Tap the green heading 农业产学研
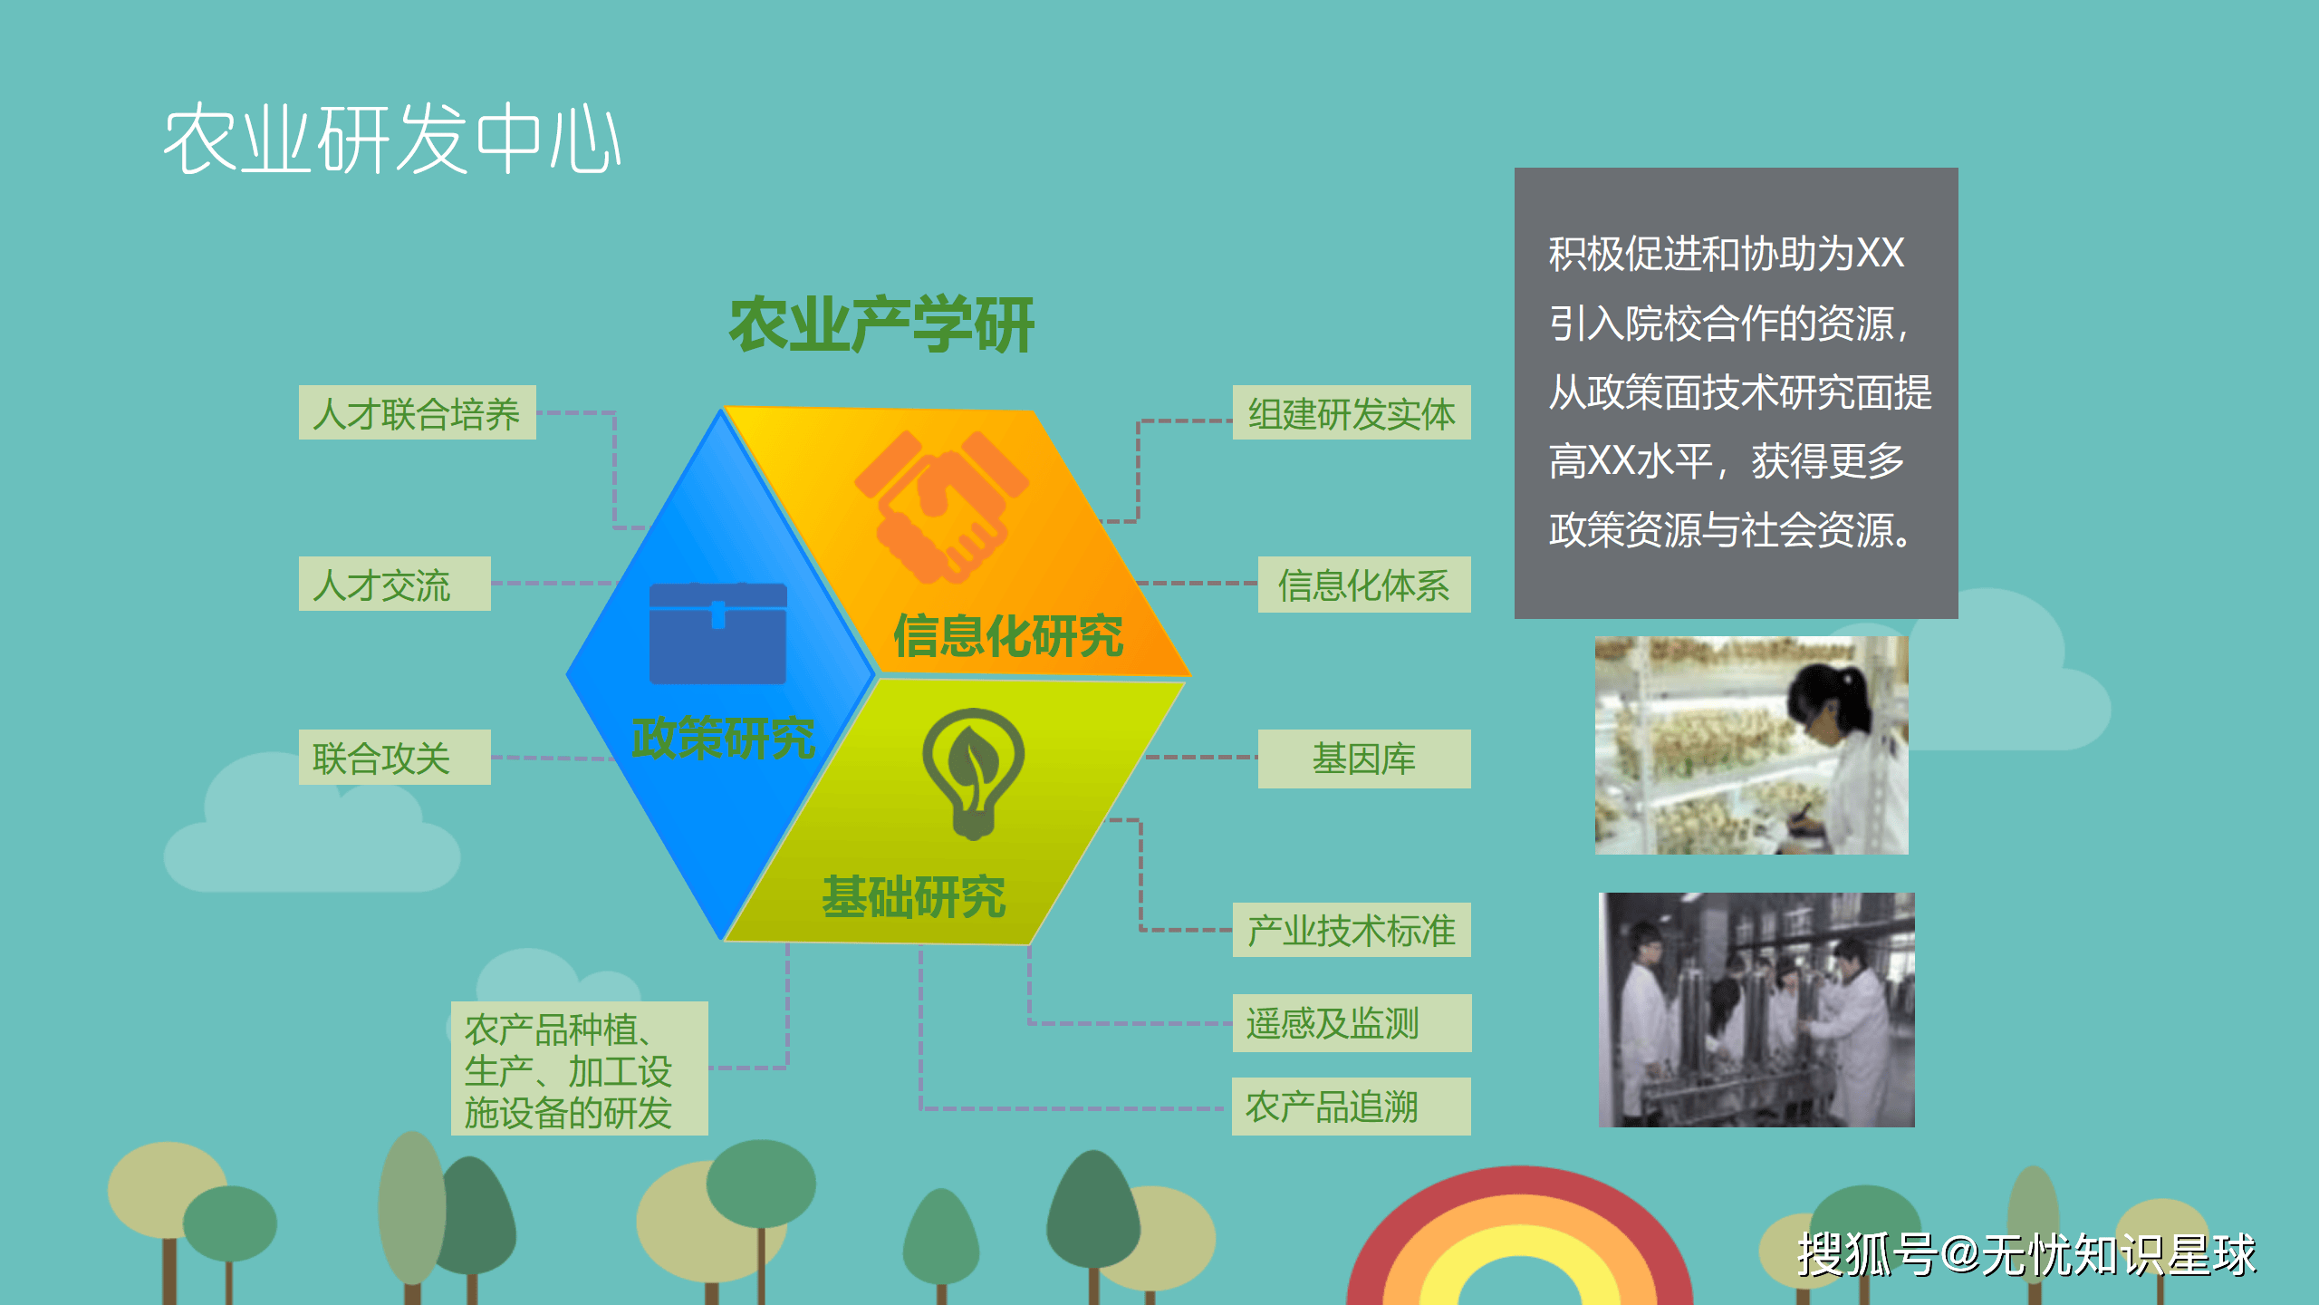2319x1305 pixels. click(881, 324)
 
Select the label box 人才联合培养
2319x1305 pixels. click(417, 413)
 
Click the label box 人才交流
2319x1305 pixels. click(394, 585)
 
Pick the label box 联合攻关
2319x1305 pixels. click(394, 758)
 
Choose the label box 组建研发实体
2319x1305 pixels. click(1351, 413)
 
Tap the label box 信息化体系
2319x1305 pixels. click(1363, 585)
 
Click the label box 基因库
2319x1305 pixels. click(1363, 759)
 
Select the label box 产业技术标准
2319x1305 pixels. click(1351, 930)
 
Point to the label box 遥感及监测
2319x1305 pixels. click(1351, 1023)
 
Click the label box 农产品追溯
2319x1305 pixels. click(1351, 1107)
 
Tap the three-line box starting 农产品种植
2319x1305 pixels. click(579, 1068)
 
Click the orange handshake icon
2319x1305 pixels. click(942, 507)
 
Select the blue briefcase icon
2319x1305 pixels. click(717, 633)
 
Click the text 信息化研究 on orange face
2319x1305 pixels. click(1007, 635)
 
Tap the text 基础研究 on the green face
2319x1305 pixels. click(913, 897)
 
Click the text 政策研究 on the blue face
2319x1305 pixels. click(723, 738)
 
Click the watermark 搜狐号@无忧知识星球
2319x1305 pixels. click(2026, 1255)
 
